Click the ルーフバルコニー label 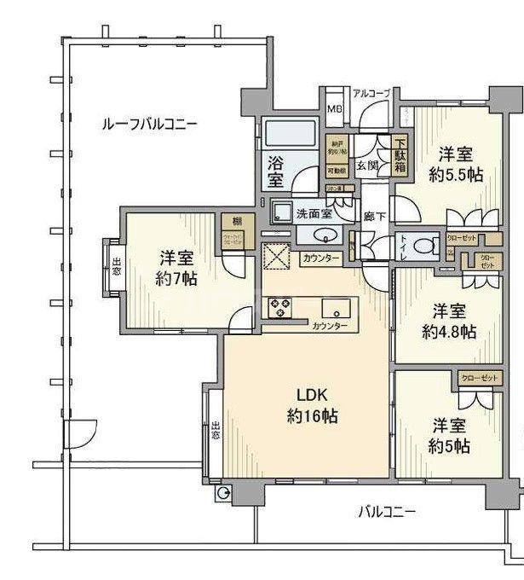149,125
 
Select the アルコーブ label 371,94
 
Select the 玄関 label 367,165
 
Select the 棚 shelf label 231,221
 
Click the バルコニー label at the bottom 386,512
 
